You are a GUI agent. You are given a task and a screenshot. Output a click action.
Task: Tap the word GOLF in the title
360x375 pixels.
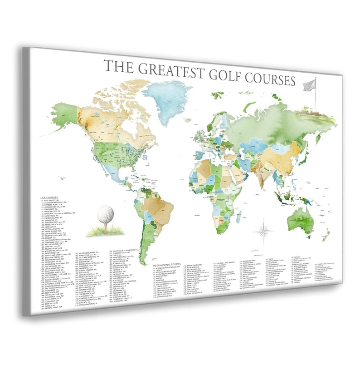[x=227, y=76]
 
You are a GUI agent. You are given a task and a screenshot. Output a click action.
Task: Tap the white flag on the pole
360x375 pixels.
[x=309, y=84]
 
